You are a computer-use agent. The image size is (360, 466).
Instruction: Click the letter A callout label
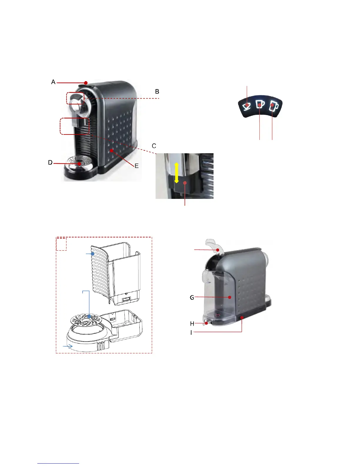(x=53, y=82)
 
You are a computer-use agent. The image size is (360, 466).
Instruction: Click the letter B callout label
(x=157, y=91)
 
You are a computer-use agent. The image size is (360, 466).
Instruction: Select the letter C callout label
(x=154, y=146)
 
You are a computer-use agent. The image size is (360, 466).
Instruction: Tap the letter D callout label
(x=50, y=163)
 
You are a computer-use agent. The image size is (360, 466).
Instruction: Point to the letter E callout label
(x=136, y=166)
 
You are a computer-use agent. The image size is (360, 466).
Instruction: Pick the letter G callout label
(x=192, y=297)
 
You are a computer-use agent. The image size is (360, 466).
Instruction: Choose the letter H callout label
(x=192, y=324)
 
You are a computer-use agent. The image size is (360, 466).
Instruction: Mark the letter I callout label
(x=191, y=332)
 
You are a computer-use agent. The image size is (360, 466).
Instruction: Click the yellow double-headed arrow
(x=176, y=173)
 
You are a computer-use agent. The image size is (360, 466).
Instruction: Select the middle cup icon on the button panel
(x=260, y=104)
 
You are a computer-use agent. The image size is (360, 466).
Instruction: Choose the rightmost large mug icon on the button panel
(x=274, y=106)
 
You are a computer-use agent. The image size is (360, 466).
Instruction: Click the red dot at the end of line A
(x=86, y=83)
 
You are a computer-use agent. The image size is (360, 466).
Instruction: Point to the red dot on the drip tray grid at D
(x=79, y=164)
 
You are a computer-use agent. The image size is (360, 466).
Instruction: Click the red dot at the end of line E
(x=111, y=151)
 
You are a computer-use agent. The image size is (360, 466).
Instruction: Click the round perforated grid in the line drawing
(x=85, y=319)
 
